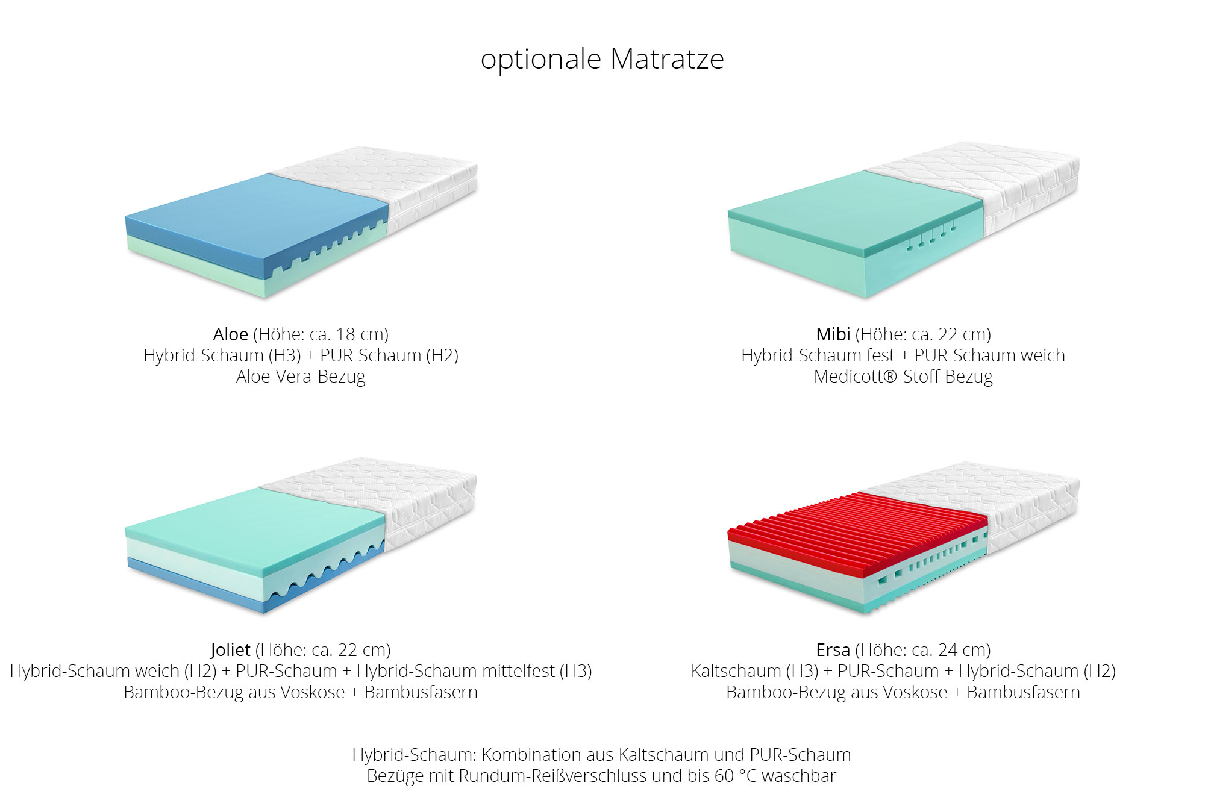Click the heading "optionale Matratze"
tap(602, 60)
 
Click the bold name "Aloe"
tap(231, 334)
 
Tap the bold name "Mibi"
tap(833, 334)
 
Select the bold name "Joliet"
tap(231, 650)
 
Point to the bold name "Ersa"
tap(833, 650)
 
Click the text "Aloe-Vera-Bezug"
tap(301, 377)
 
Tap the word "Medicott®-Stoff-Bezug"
tap(903, 377)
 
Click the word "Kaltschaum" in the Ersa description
tap(736, 671)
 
